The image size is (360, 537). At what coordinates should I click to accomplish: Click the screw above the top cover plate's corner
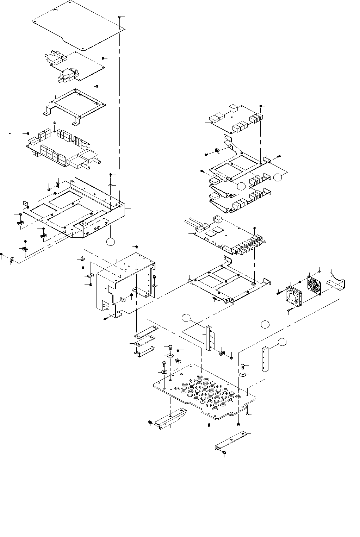click(120, 17)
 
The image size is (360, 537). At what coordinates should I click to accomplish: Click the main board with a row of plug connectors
click(225, 234)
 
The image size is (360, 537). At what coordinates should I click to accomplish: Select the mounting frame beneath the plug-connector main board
click(229, 280)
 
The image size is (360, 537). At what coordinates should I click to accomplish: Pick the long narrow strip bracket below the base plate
click(231, 440)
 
